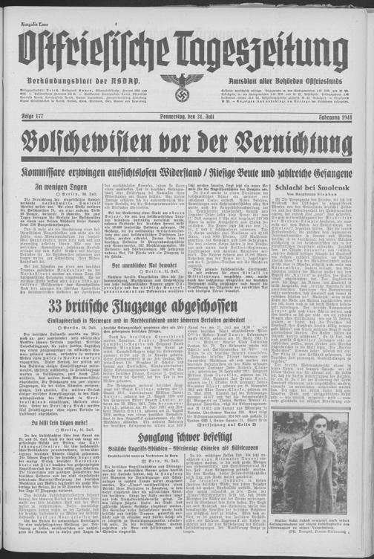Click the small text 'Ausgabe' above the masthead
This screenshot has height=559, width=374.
(x=16, y=6)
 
